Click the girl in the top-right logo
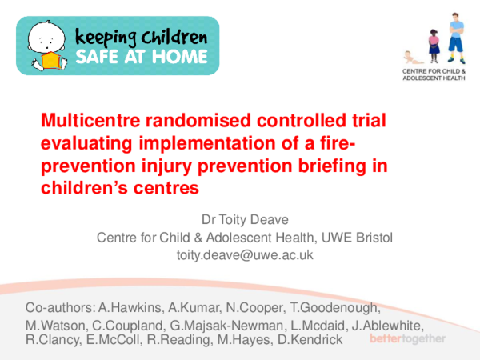(x=434, y=46)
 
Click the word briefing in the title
(x=320, y=166)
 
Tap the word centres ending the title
(x=165, y=189)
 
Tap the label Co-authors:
(x=59, y=309)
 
